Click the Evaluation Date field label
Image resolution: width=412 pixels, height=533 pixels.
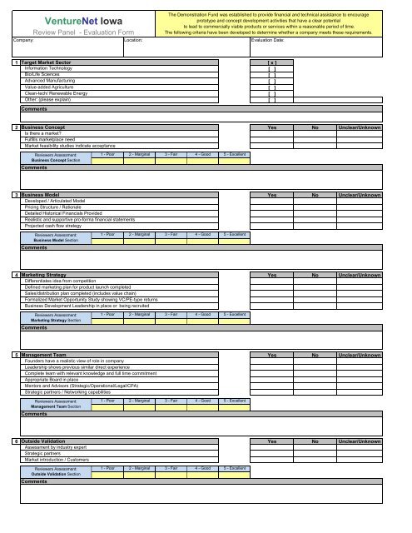tap(273, 39)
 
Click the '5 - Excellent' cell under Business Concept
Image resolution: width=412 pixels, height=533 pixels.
tap(234, 154)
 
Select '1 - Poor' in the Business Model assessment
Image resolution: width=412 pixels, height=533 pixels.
tap(107, 235)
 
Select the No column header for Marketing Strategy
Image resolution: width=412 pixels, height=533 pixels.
tap(315, 274)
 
